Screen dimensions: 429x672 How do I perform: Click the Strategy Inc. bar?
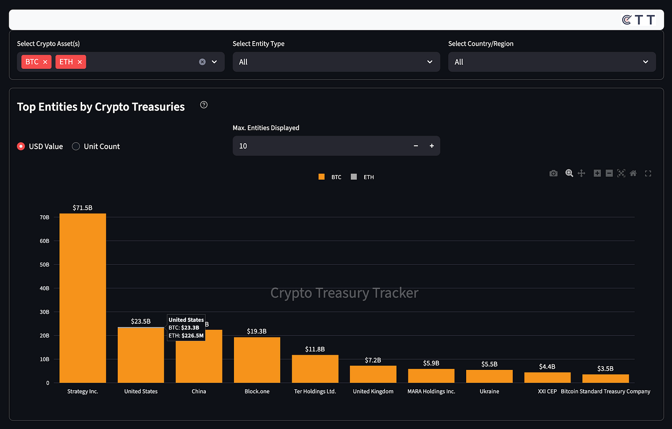pos(83,298)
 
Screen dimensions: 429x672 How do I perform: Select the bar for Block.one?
pos(257,360)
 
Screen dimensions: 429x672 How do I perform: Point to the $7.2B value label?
pos(373,360)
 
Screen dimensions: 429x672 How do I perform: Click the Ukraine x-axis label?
pos(489,391)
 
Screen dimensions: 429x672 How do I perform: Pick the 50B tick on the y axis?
pos(44,265)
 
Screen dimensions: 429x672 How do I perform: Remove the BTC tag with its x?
pos(45,62)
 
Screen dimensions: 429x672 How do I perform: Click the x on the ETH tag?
pos(80,62)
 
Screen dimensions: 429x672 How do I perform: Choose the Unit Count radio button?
pos(76,146)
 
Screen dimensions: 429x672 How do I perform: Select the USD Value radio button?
pos(21,146)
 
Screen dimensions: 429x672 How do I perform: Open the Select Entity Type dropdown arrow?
pos(430,62)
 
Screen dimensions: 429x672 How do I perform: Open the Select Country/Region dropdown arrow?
pos(645,62)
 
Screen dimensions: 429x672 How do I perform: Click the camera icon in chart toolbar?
pos(553,173)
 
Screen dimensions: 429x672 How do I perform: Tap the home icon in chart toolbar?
pos(633,173)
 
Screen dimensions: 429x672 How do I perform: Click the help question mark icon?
pos(204,105)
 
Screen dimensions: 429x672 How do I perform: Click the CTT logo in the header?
pos(638,20)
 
